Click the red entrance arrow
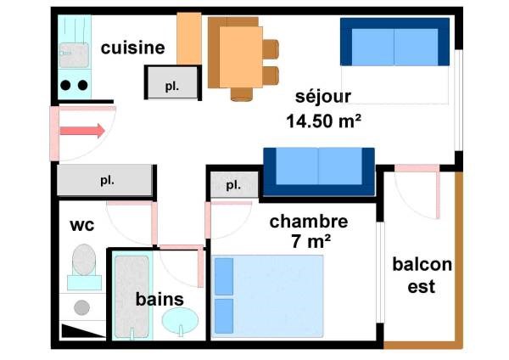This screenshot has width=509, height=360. click(81, 131)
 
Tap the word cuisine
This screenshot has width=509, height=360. click(132, 48)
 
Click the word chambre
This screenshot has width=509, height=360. click(309, 222)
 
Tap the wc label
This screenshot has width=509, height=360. click(81, 226)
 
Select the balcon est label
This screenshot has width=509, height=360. click(422, 275)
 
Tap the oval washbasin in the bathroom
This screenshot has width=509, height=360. click(181, 321)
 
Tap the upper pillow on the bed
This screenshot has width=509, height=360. click(223, 276)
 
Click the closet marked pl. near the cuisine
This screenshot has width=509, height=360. click(171, 84)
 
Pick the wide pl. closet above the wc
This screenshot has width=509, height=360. click(106, 180)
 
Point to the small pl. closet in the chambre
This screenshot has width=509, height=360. click(231, 184)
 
